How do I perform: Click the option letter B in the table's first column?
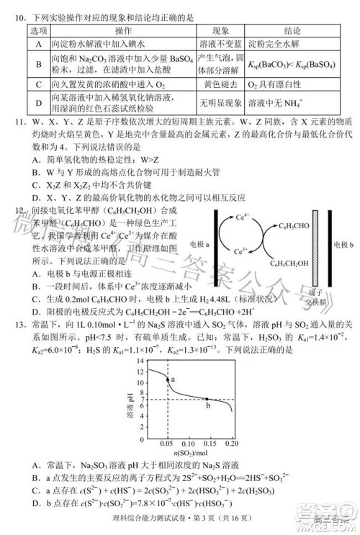pos(37,63)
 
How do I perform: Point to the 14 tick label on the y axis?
pos(139,369)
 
